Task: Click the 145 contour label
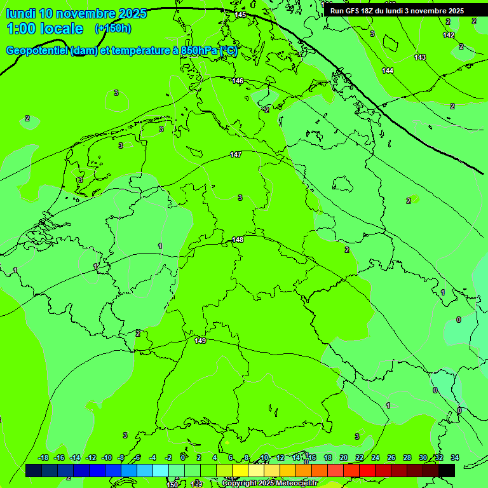240,15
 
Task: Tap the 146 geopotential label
238,81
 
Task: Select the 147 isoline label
236,155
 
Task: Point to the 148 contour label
238,240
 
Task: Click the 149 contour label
200,341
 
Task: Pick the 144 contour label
388,71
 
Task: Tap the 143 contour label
420,58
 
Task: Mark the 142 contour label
449,36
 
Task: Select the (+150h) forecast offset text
113,28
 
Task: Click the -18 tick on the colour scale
43,457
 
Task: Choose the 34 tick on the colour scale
455,457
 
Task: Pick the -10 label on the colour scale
106,457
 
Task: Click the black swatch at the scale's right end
447,470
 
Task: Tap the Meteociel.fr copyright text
292,484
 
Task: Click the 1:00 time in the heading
22,29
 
